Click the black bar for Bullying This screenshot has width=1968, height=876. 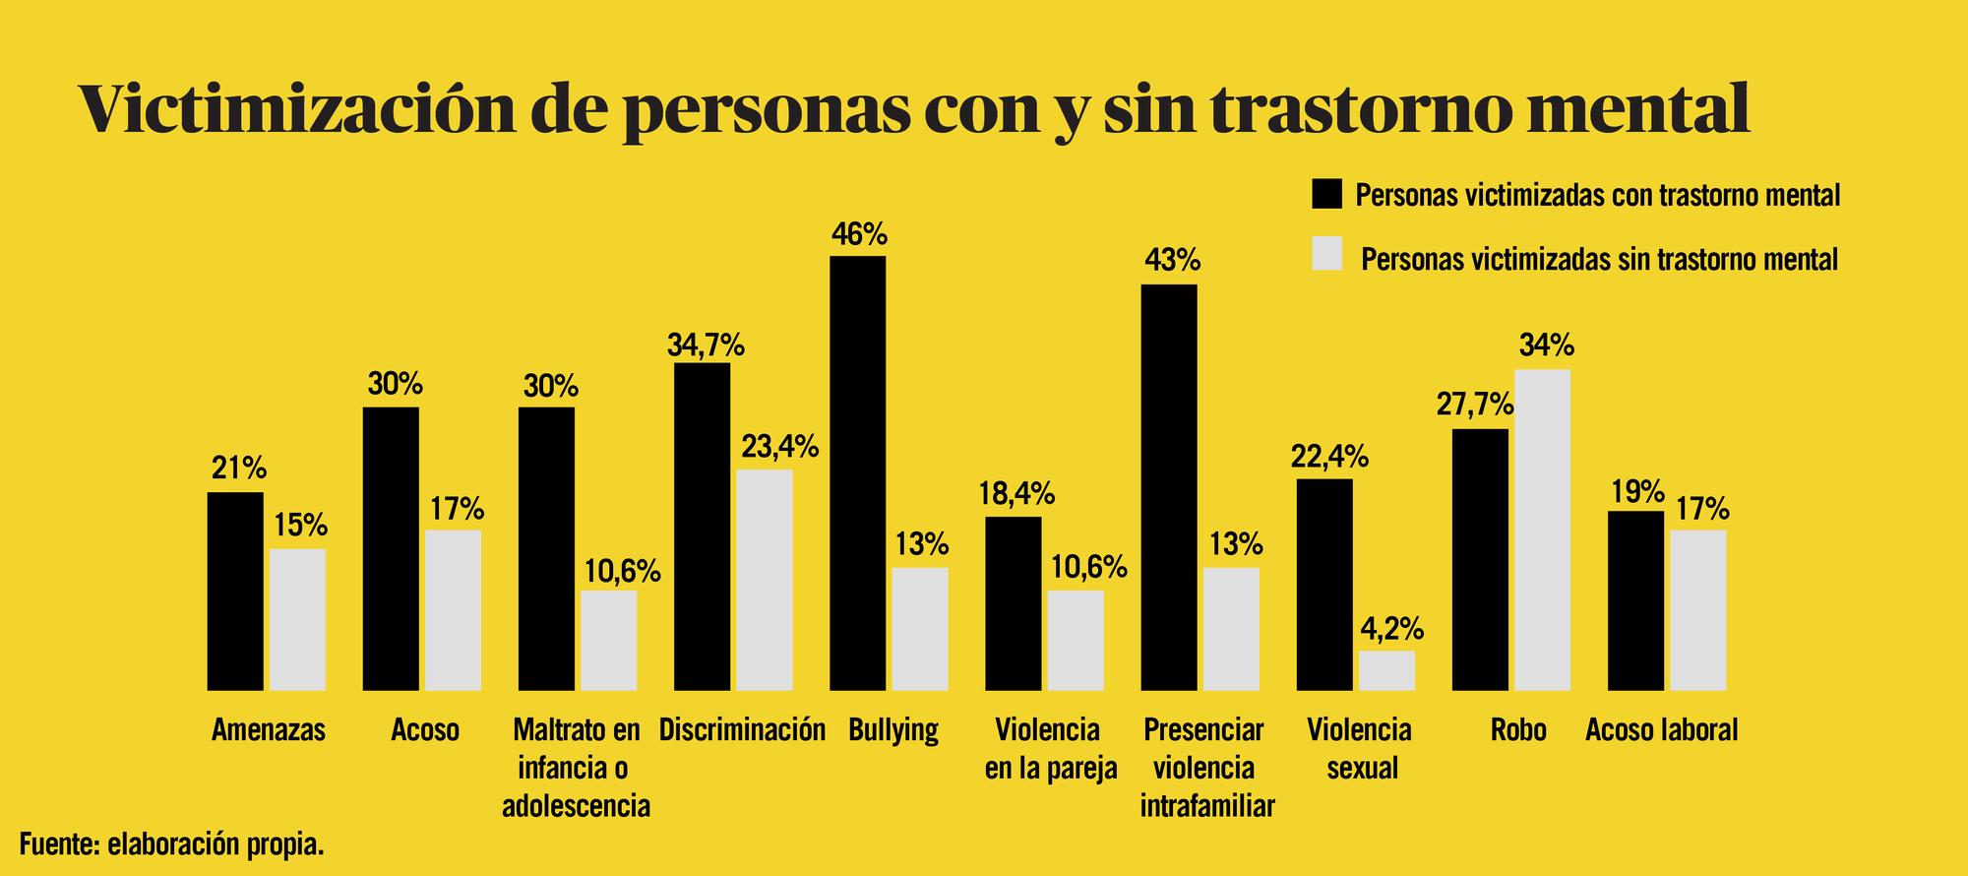[857, 472]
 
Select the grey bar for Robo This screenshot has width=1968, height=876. [1542, 530]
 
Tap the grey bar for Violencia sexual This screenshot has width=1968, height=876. [1386, 670]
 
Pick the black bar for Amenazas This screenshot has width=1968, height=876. [235, 591]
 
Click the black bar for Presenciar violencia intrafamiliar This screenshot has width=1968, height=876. [1169, 487]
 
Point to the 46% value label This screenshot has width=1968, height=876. [859, 234]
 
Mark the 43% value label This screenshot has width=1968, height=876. [1172, 261]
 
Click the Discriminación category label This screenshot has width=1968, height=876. [742, 730]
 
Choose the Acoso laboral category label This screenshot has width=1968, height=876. [1662, 730]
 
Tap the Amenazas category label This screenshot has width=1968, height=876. [269, 730]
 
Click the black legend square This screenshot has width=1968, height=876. [1327, 194]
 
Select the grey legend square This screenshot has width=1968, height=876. [1327, 254]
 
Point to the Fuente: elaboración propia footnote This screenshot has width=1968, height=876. [171, 844]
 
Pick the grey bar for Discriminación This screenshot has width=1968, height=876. [765, 580]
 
